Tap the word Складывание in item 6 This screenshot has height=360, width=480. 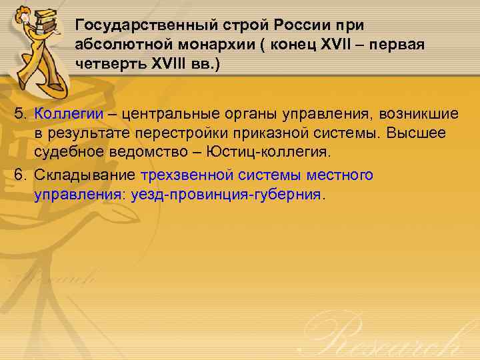[x=86, y=175]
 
